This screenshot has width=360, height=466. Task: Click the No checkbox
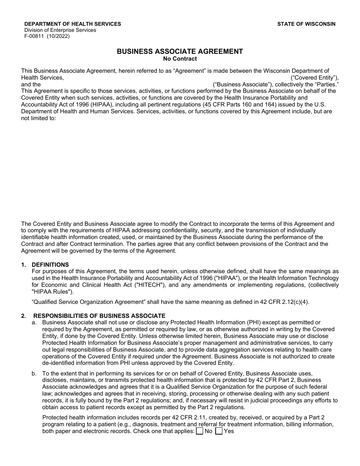click(x=200, y=431)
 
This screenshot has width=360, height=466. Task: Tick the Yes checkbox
click(x=219, y=431)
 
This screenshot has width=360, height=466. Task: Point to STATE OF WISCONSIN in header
click(x=306, y=24)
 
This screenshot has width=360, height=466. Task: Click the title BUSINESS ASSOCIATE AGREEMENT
click(x=180, y=52)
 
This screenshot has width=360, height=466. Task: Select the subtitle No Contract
click(x=180, y=59)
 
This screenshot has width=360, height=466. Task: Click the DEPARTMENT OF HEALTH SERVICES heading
click(x=73, y=24)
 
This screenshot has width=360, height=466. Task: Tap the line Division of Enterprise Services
click(x=60, y=30)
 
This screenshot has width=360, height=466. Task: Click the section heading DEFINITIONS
click(x=50, y=265)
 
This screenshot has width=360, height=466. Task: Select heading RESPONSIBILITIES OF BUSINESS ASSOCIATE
click(x=99, y=316)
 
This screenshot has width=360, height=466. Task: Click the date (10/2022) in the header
click(x=58, y=36)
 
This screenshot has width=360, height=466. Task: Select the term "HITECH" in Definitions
click(x=150, y=285)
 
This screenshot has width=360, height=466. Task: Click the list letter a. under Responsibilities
click(x=34, y=322)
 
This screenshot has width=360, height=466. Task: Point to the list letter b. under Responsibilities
click(x=34, y=373)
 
